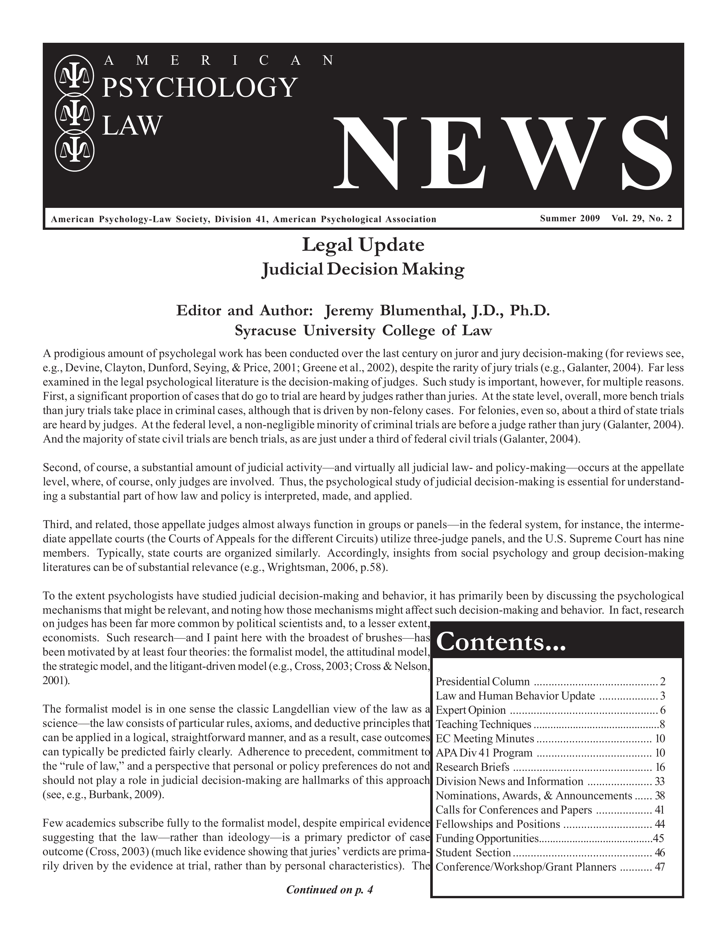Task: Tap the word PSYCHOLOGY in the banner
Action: point(199,88)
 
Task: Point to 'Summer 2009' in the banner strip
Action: point(569,218)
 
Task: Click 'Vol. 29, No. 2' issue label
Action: point(641,218)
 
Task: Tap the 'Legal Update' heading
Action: point(363,245)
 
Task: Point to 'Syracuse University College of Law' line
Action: point(363,330)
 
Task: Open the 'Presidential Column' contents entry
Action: point(482,682)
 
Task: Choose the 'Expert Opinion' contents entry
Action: point(471,710)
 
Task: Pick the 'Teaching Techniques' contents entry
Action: point(483,724)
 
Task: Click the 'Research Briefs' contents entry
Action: point(472,767)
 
